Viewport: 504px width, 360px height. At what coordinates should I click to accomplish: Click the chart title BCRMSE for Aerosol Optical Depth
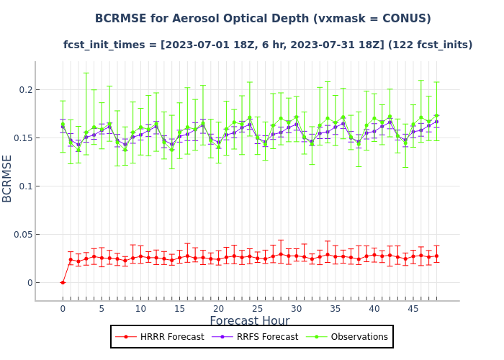tap(263, 19)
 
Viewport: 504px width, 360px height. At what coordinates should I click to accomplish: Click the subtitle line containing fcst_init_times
tap(268, 45)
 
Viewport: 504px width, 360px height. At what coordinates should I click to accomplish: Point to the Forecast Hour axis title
tap(249, 321)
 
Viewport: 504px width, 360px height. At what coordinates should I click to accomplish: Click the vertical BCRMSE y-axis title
tap(8, 178)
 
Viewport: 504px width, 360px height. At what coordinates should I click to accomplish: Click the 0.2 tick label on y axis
tap(25, 89)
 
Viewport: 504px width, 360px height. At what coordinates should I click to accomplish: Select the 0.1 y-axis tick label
tap(25, 186)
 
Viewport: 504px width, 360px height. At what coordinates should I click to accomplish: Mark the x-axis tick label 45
tap(413, 309)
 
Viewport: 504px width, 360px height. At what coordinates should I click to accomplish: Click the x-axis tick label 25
tap(257, 309)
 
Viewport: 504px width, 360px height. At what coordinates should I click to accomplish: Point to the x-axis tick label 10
tap(140, 309)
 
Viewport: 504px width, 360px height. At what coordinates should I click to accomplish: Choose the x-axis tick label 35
tap(335, 309)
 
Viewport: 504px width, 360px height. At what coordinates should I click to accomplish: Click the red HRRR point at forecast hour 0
tap(63, 282)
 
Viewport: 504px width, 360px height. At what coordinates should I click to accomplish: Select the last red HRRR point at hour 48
tap(436, 256)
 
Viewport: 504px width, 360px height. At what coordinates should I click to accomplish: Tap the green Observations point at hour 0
tap(63, 124)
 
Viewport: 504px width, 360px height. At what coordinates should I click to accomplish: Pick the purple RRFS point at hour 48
tap(436, 122)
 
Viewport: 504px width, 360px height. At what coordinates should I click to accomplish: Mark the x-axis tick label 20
tap(218, 309)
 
